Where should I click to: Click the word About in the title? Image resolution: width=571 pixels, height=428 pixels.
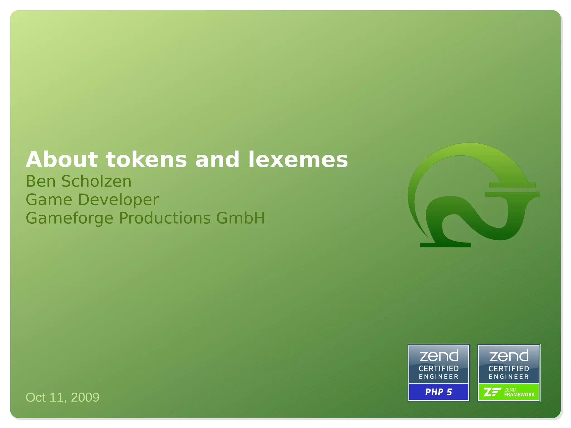point(62,160)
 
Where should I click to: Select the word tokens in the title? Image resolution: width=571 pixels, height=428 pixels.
point(146,160)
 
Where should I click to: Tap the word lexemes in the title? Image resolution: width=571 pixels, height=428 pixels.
point(298,160)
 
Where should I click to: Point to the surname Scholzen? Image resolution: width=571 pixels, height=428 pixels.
point(96,181)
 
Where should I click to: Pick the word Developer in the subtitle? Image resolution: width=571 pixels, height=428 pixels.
point(118,200)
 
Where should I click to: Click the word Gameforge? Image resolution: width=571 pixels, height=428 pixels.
point(69,218)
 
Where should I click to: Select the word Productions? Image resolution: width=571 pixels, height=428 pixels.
point(164,218)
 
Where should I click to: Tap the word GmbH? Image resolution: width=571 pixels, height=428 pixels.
point(240,218)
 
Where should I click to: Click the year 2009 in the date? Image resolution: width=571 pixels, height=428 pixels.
point(85,397)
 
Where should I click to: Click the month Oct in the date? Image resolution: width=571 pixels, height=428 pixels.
point(36,397)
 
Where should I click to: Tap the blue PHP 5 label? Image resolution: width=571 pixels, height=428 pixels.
point(439,392)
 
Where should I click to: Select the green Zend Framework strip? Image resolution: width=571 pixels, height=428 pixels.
point(509,392)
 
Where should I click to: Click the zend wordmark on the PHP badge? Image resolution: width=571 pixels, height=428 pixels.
point(439,356)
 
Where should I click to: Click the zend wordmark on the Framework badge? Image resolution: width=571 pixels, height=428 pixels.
point(509,356)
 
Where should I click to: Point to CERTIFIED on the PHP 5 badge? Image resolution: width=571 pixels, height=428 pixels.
point(439,369)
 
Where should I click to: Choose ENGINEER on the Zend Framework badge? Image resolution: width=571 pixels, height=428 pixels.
point(509,377)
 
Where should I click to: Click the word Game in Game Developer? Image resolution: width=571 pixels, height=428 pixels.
point(49,200)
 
